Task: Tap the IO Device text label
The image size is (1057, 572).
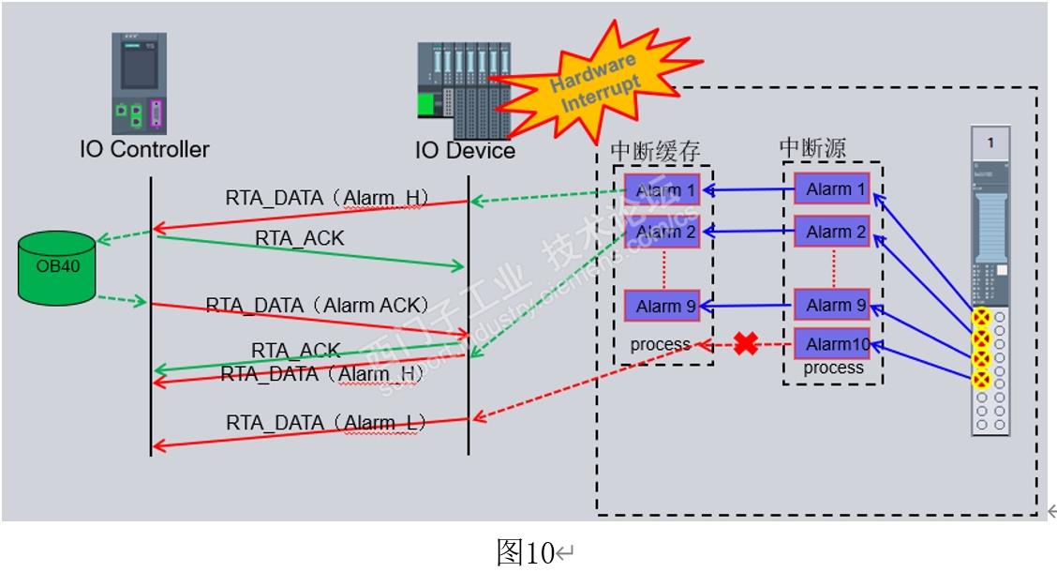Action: coord(465,150)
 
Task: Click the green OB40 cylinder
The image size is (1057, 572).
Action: coord(56,267)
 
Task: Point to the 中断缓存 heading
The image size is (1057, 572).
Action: coord(656,151)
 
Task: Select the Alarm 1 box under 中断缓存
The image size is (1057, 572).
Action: coord(666,191)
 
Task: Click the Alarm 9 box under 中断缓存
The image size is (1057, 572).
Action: coord(666,306)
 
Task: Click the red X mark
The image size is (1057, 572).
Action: coord(746,344)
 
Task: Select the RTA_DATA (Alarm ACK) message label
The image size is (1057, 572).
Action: coord(317,305)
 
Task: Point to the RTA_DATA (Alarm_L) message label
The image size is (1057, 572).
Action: coord(325,423)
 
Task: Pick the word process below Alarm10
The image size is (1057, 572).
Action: coord(833,368)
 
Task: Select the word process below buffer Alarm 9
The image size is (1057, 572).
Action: coord(661,345)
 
